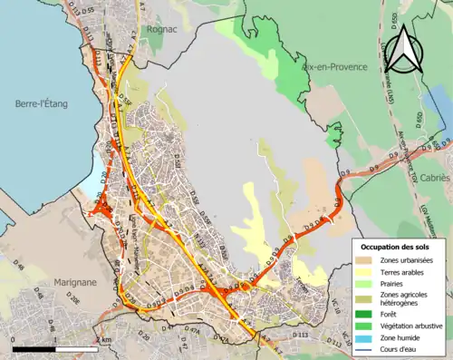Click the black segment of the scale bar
pos(34,349)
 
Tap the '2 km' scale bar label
pos(103,340)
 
